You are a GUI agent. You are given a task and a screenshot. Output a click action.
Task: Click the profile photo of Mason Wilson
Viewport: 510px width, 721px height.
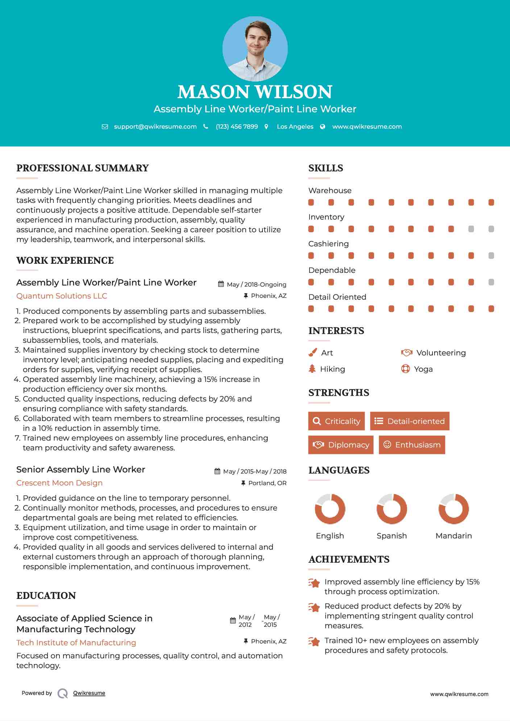(255, 49)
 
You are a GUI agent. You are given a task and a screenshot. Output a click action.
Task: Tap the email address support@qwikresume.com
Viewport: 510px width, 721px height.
(155, 126)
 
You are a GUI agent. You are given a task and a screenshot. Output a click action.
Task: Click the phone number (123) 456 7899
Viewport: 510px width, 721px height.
(237, 126)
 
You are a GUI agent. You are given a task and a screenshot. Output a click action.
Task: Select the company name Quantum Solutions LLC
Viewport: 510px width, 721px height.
(62, 296)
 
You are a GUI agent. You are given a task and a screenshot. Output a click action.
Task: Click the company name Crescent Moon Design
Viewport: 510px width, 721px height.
(59, 483)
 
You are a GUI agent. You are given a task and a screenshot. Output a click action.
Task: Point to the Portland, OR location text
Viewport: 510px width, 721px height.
(267, 483)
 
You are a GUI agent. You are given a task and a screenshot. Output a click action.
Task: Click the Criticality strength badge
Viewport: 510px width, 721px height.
(336, 421)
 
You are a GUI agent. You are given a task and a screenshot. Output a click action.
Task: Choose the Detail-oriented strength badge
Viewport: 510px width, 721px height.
(410, 421)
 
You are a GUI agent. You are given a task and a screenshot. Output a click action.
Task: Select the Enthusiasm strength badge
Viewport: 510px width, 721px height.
(412, 445)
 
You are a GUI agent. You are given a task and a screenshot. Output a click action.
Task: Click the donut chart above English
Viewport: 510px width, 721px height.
(330, 509)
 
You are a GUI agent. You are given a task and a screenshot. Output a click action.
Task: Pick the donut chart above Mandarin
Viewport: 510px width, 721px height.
(453, 509)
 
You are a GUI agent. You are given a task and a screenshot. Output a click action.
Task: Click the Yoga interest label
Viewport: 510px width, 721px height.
(423, 369)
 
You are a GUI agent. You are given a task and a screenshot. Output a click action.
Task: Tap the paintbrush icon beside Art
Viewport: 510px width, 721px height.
(312, 353)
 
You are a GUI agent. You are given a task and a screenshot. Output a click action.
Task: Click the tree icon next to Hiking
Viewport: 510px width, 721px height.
(312, 369)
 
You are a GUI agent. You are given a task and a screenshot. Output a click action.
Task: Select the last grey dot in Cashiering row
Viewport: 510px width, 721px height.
(491, 255)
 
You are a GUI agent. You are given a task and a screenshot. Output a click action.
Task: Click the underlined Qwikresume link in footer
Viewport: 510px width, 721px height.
(89, 693)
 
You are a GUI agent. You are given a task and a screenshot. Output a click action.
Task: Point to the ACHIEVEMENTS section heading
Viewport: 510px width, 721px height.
(349, 559)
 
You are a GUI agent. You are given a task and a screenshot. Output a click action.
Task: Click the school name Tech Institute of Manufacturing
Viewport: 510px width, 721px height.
(76, 642)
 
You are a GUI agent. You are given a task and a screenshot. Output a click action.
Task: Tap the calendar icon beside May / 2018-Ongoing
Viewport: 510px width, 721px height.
(221, 284)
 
